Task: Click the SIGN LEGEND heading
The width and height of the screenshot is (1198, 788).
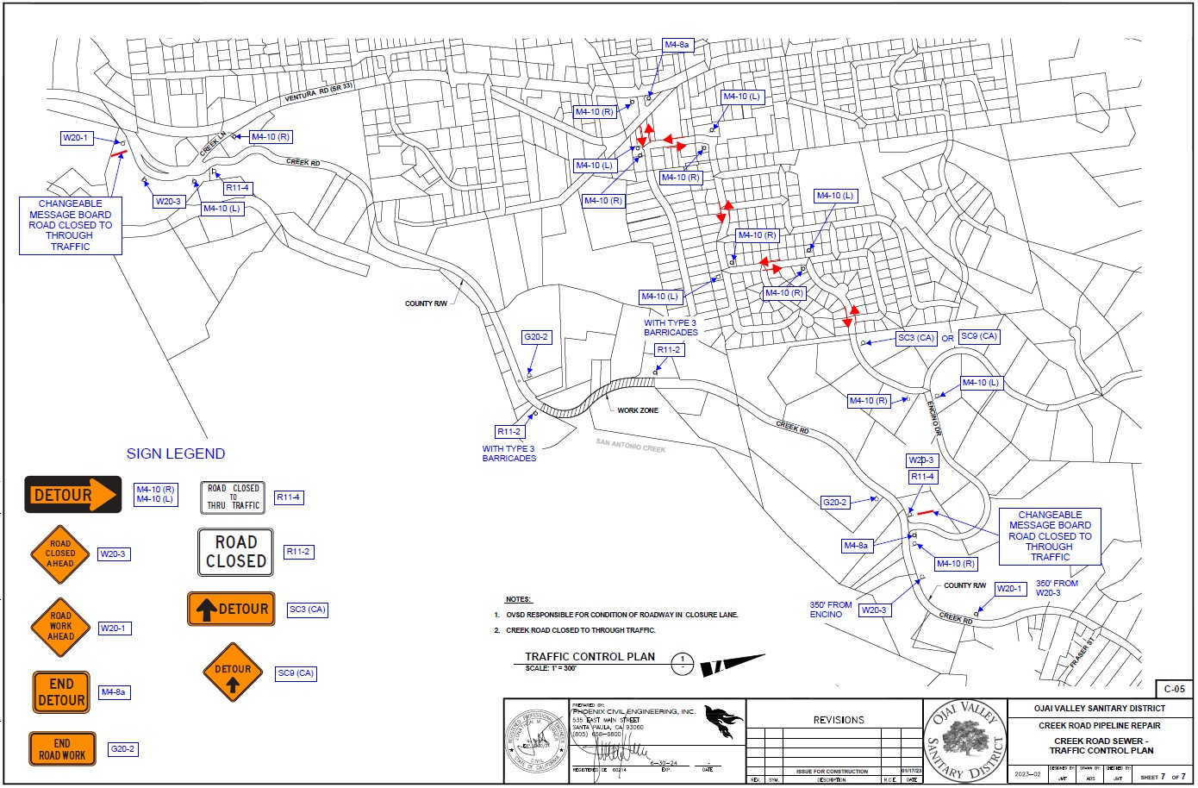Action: click(176, 453)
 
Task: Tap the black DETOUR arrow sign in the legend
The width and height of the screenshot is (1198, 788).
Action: click(73, 495)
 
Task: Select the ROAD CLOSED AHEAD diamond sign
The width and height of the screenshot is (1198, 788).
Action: click(60, 553)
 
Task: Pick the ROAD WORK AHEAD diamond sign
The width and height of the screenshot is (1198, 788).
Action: click(60, 627)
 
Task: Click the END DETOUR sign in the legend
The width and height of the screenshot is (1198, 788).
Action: click(61, 692)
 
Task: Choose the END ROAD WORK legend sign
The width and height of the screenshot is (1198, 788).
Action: click(62, 749)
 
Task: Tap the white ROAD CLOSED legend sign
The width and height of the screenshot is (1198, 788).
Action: click(235, 552)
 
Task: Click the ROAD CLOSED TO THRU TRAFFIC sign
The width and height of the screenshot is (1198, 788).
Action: click(233, 497)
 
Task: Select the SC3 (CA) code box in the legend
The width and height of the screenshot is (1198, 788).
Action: click(308, 610)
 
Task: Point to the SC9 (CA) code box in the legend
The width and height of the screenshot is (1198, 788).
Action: click(295, 673)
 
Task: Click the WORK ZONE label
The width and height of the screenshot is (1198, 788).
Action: click(638, 410)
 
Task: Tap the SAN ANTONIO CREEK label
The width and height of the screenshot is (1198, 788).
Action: click(631, 446)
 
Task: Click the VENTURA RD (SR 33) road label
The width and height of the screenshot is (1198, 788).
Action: click(319, 93)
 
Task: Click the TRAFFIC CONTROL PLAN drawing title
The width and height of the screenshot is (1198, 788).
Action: click(590, 657)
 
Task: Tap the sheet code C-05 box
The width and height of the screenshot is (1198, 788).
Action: click(1174, 689)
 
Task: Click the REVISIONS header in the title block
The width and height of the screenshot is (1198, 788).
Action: click(838, 720)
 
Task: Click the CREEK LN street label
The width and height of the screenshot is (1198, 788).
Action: click(213, 144)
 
